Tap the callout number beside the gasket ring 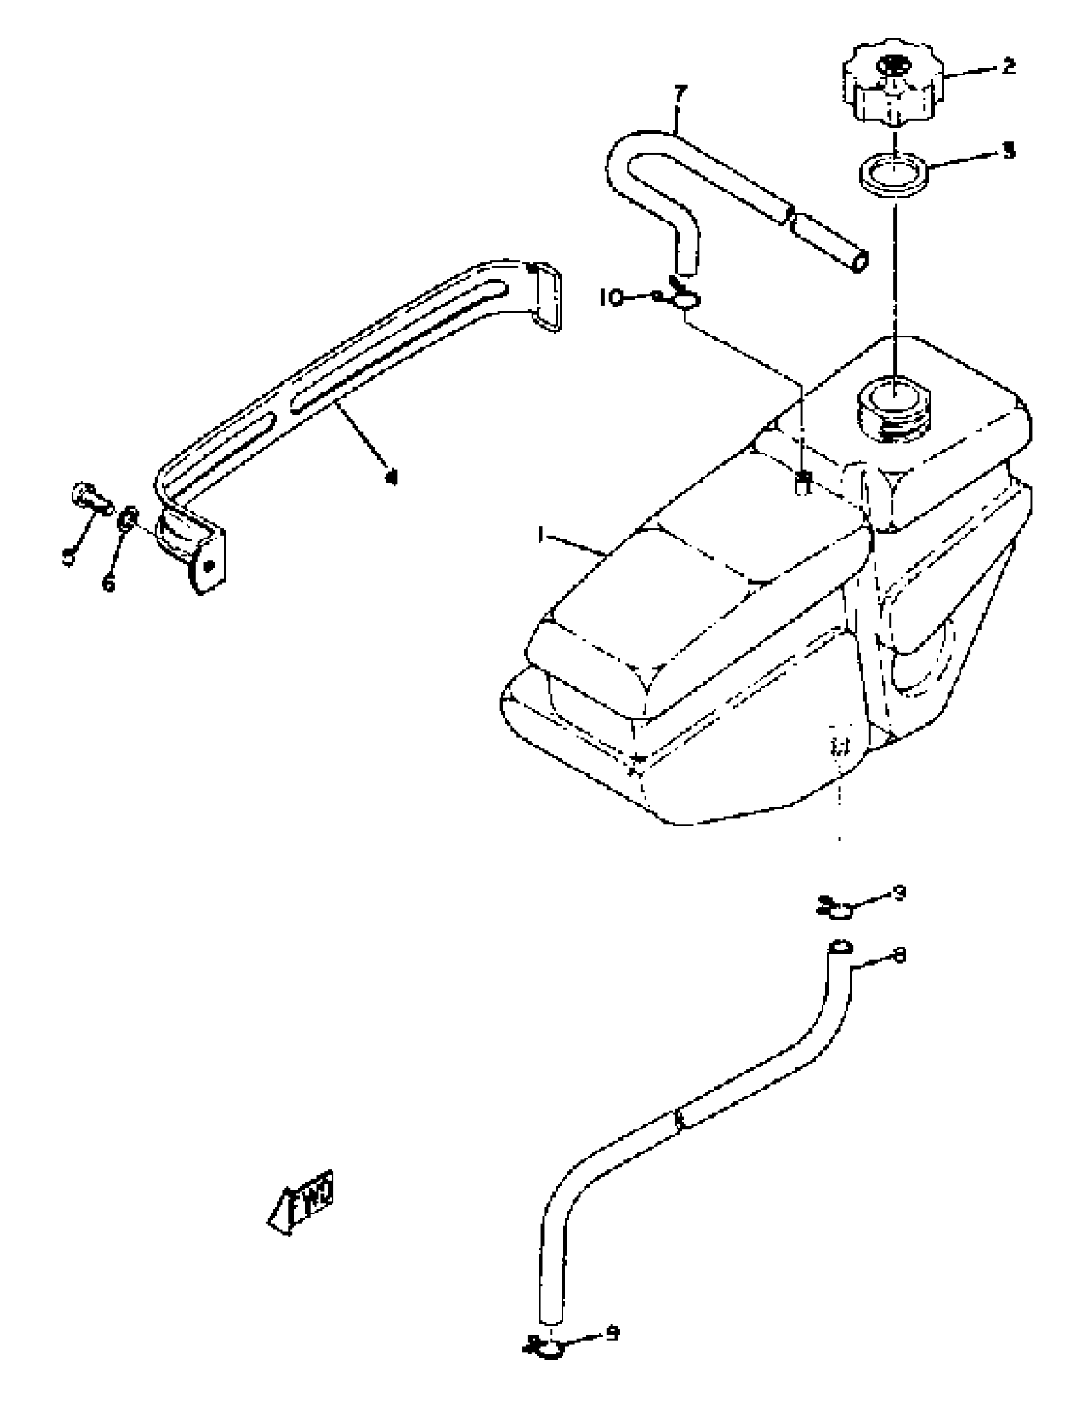pyautogui.click(x=1009, y=151)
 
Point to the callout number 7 pyautogui.click(x=680, y=94)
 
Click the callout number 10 pyautogui.click(x=611, y=297)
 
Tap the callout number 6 pyautogui.click(x=109, y=584)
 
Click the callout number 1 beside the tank pyautogui.click(x=541, y=534)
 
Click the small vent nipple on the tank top pyautogui.click(x=803, y=482)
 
